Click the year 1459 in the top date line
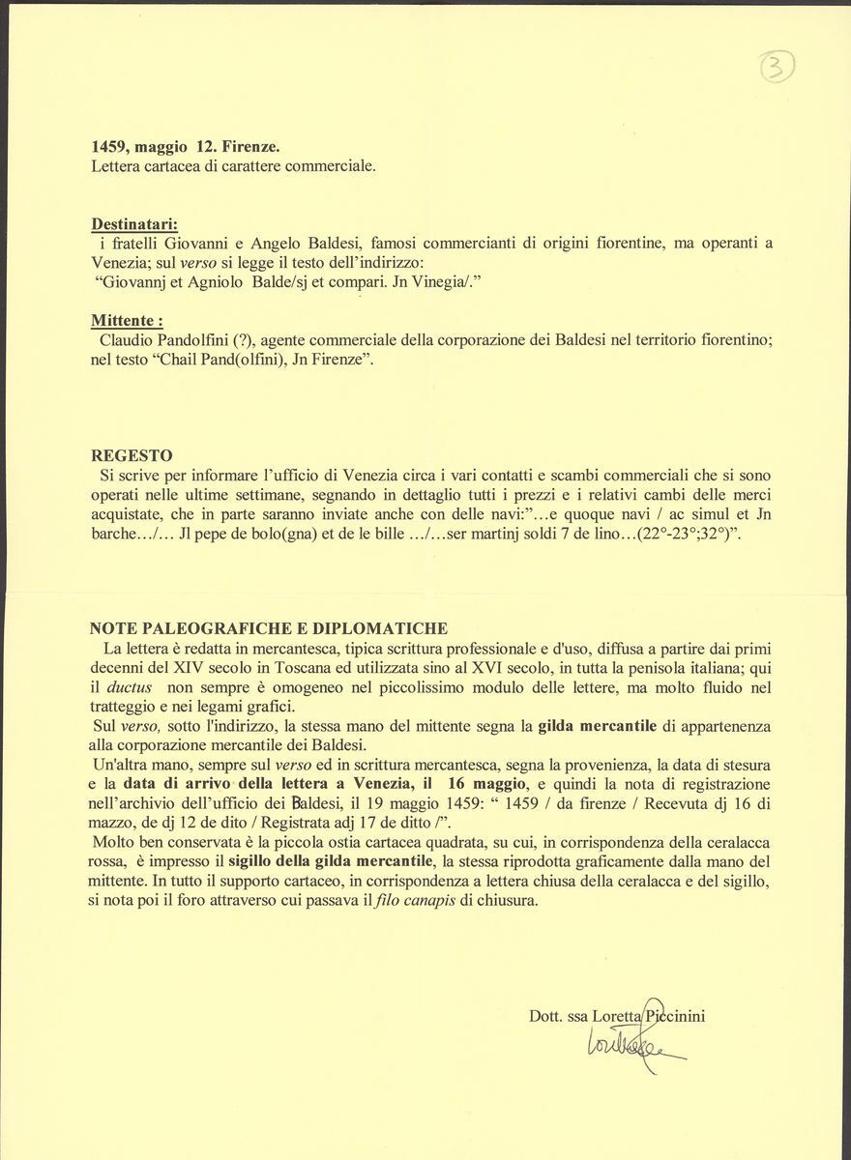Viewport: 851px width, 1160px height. tap(110, 147)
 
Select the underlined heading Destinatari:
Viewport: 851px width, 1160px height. tap(134, 223)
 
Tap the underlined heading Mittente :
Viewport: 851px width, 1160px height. tap(127, 320)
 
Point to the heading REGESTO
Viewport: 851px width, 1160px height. tap(132, 455)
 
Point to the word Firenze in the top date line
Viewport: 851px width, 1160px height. tap(251, 147)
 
